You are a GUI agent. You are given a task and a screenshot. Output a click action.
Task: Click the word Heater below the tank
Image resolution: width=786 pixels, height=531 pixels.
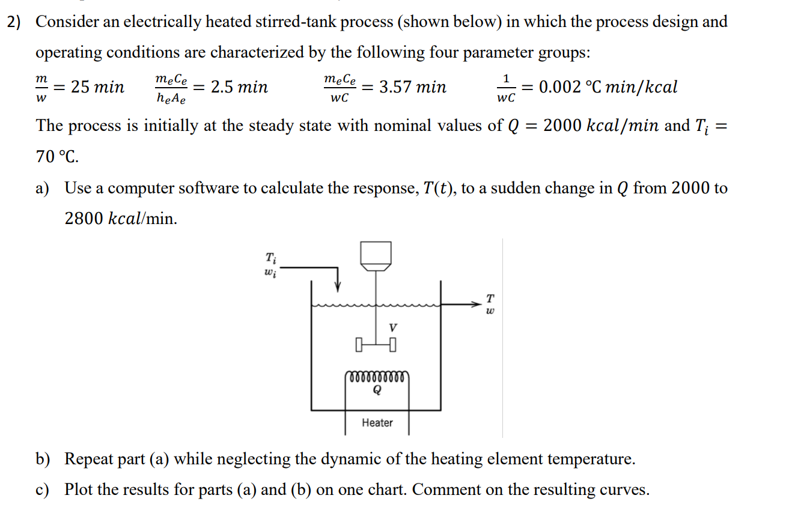point(377,423)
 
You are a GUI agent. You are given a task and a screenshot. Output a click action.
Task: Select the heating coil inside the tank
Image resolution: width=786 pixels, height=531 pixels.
point(377,378)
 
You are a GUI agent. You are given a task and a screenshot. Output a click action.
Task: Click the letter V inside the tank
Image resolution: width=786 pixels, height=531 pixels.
point(393,328)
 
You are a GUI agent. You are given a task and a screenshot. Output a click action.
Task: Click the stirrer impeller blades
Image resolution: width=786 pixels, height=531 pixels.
point(376,345)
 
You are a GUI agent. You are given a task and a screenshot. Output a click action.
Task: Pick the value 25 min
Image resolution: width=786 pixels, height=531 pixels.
point(97,88)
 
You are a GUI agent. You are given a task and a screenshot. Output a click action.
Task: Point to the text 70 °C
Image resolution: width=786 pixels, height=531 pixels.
point(57,157)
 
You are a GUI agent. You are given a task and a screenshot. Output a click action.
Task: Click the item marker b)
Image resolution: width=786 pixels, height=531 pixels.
point(43,460)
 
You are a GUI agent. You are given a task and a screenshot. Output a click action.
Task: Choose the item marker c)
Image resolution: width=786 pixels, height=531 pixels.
point(43,490)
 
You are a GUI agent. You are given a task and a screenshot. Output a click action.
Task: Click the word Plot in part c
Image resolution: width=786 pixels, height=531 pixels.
point(79,490)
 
